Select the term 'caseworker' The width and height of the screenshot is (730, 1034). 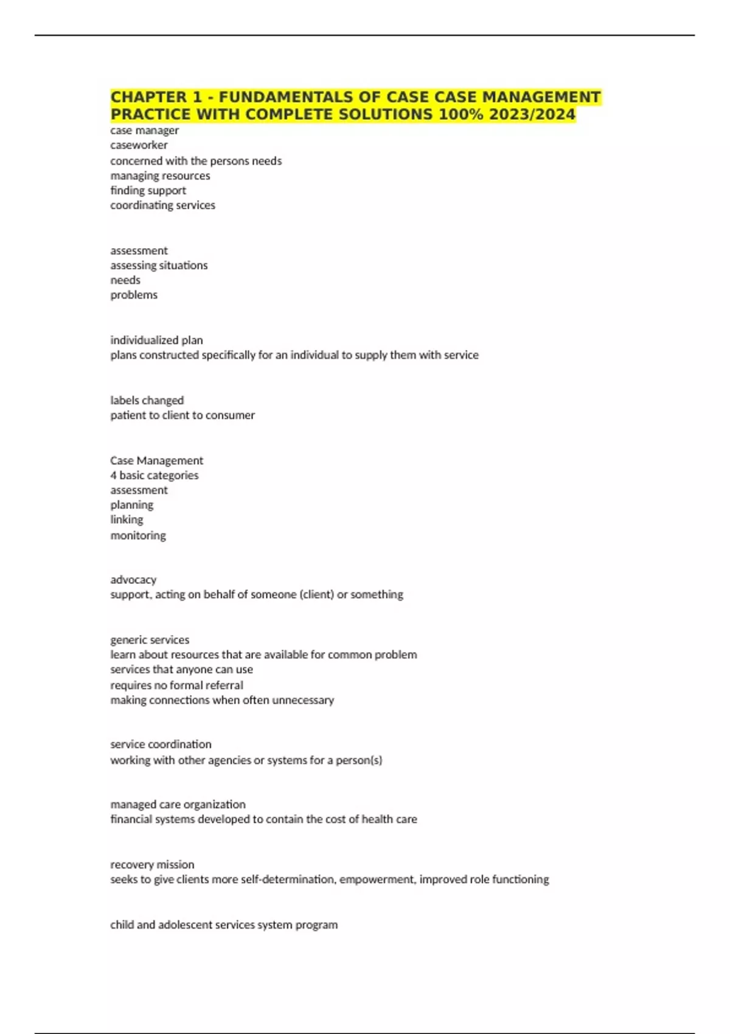[139, 145]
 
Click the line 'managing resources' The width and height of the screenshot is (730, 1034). [160, 176]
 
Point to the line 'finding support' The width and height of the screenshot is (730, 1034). [148, 190]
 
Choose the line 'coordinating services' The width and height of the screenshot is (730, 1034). [162, 206]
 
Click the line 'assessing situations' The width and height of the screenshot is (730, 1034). [159, 265]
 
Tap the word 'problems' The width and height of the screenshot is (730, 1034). [134, 295]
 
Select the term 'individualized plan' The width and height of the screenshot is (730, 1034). [156, 340]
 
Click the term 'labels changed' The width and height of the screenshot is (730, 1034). [147, 400]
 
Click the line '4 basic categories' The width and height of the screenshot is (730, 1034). [154, 475]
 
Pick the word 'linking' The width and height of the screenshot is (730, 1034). [127, 519]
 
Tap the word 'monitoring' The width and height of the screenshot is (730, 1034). [138, 535]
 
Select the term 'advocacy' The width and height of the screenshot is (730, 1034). [133, 580]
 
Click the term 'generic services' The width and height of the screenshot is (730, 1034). [150, 640]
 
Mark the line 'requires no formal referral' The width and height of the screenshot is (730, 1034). [176, 685]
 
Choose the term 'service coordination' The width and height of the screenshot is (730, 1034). [161, 744]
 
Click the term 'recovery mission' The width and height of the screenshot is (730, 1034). [152, 864]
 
